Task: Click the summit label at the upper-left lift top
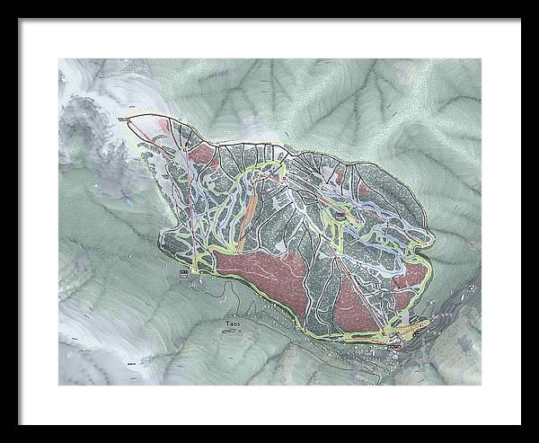point(123,117)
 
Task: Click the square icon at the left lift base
point(184,272)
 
